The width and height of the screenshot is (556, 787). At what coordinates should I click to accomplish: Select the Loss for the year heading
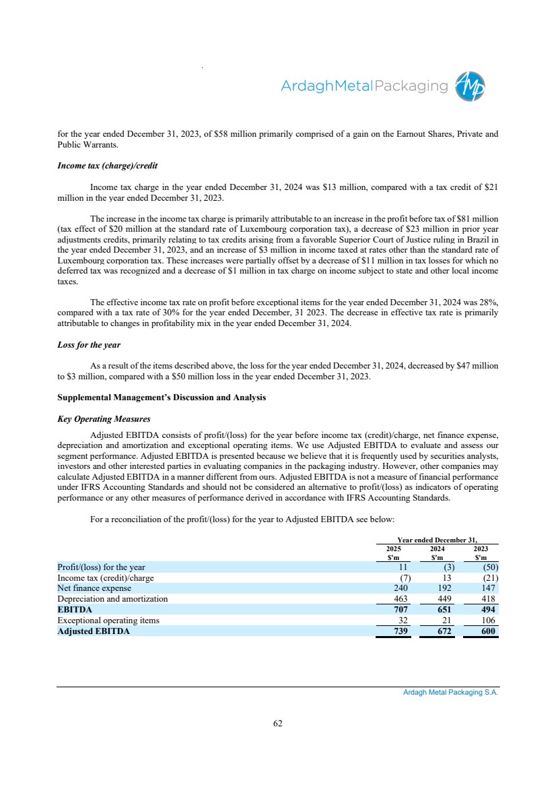tap(89, 344)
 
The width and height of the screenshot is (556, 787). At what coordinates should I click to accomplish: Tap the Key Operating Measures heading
tap(104, 418)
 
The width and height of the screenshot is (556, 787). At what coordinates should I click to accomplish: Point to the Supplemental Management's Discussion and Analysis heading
tap(162, 398)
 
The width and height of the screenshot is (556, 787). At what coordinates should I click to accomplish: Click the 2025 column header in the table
tap(394, 550)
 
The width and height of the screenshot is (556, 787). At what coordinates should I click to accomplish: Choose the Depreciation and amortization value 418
tap(485, 598)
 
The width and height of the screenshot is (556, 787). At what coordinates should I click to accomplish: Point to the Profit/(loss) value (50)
tap(486, 567)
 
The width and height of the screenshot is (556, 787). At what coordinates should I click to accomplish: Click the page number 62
tap(278, 723)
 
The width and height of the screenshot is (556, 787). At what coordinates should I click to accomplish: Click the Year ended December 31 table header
tap(438, 540)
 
